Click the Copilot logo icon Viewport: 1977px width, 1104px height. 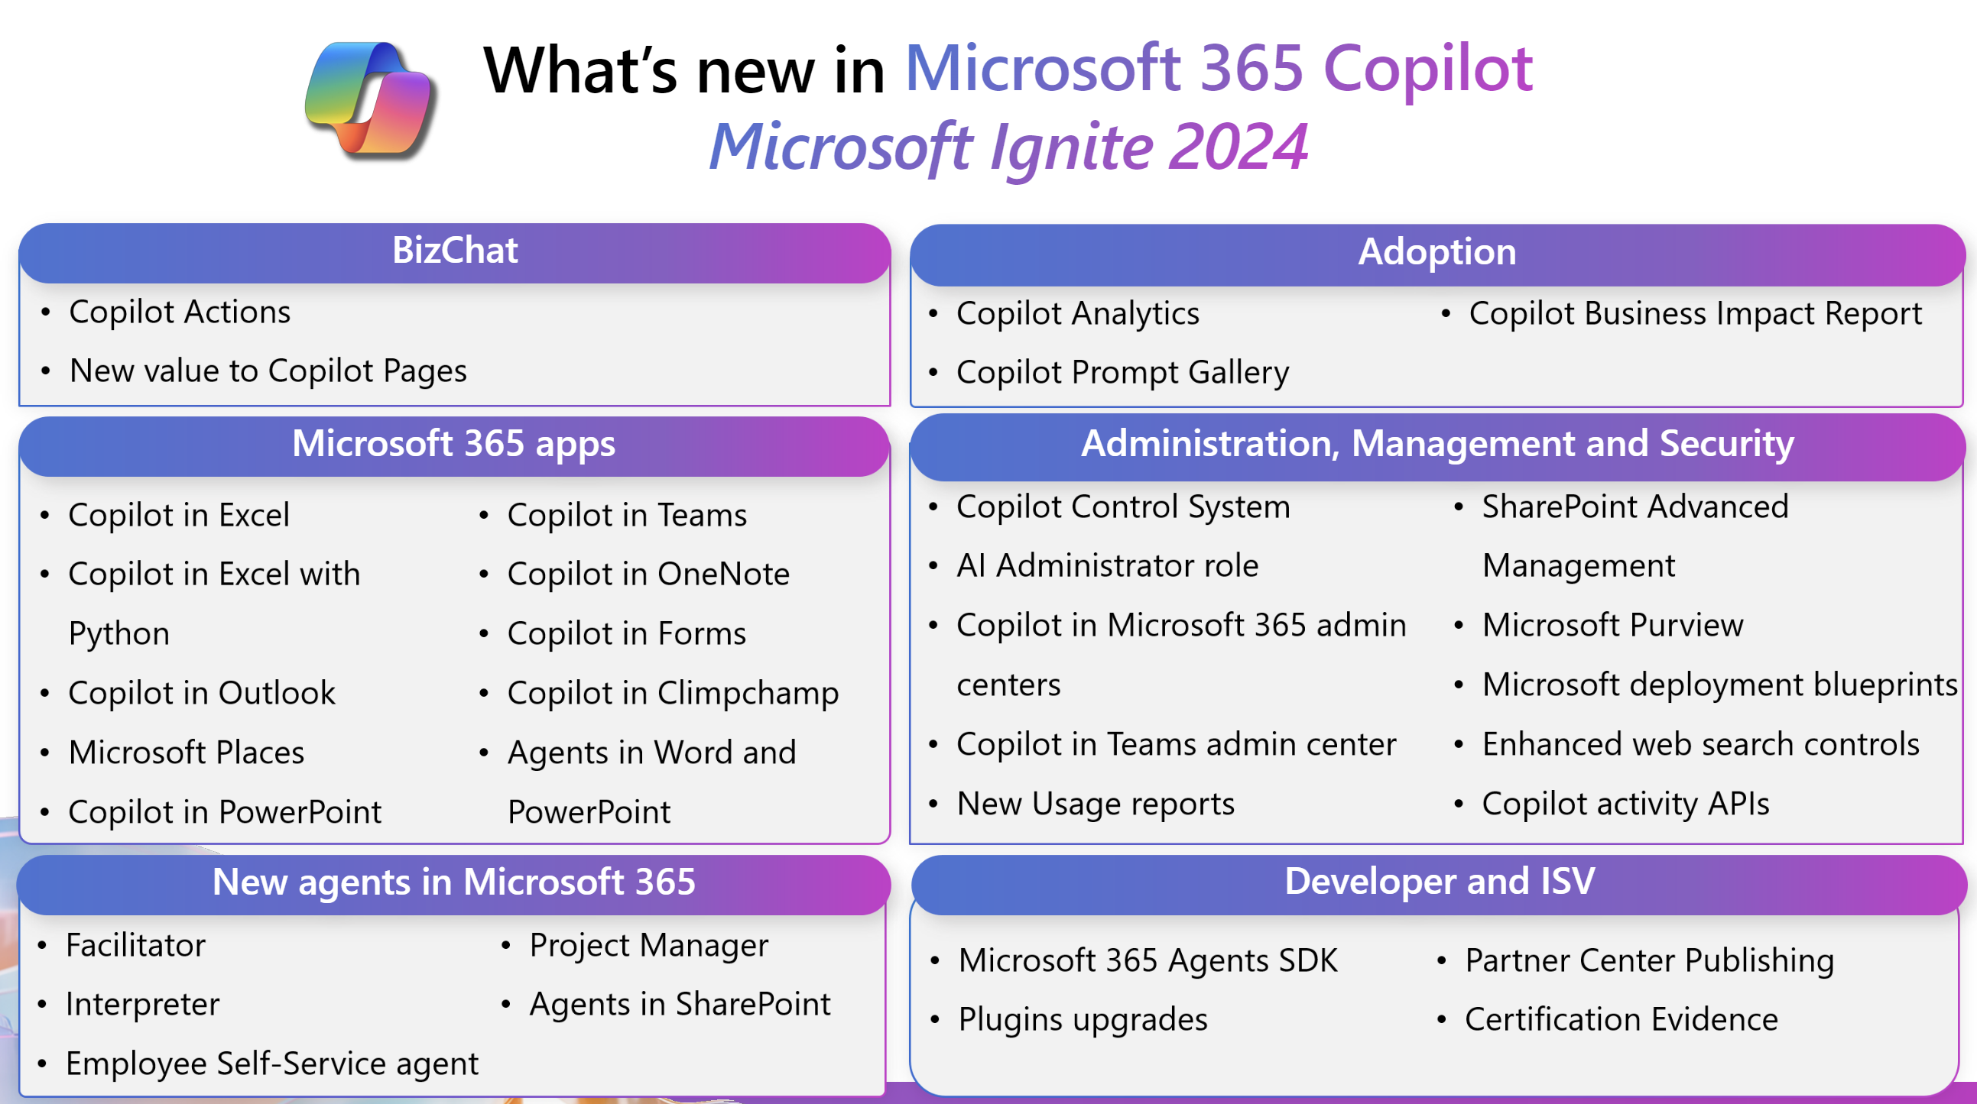point(371,100)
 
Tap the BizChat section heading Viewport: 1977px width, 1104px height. point(455,250)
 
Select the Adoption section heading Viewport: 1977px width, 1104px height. point(1436,251)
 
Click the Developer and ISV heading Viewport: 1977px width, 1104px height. point(1439,881)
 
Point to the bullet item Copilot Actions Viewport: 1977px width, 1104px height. point(180,312)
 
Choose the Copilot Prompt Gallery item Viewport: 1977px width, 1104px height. point(1122,372)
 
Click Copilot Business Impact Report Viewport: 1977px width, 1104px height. point(1695,313)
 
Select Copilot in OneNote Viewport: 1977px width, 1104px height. point(648,574)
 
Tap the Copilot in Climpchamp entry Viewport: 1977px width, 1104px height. point(673,694)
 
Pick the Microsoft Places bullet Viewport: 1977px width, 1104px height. point(187,753)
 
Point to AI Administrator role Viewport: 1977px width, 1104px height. point(1108,565)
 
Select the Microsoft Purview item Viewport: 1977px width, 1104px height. point(1612,625)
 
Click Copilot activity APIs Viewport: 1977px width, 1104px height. point(1625,804)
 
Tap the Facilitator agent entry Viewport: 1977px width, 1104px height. point(136,945)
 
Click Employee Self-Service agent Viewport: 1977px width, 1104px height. point(271,1064)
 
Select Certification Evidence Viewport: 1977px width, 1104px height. point(1621,1020)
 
